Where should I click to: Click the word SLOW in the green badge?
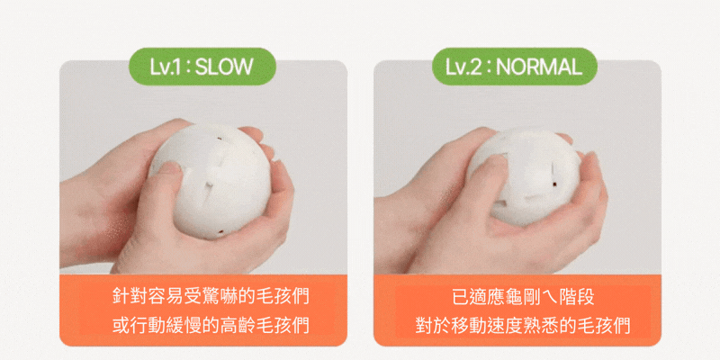point(224,67)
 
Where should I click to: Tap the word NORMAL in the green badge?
point(539,67)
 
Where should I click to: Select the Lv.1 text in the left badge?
point(167,67)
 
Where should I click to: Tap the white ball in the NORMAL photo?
point(524,177)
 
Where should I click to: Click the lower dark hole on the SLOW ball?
point(220,232)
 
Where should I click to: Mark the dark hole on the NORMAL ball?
point(556,184)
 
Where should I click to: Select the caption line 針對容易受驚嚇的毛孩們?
point(211,297)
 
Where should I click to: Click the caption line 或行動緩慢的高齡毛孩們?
point(211,326)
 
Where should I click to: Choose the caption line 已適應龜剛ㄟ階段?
point(523,297)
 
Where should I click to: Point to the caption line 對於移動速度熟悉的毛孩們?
point(523,326)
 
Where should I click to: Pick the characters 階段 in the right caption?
point(577,297)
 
